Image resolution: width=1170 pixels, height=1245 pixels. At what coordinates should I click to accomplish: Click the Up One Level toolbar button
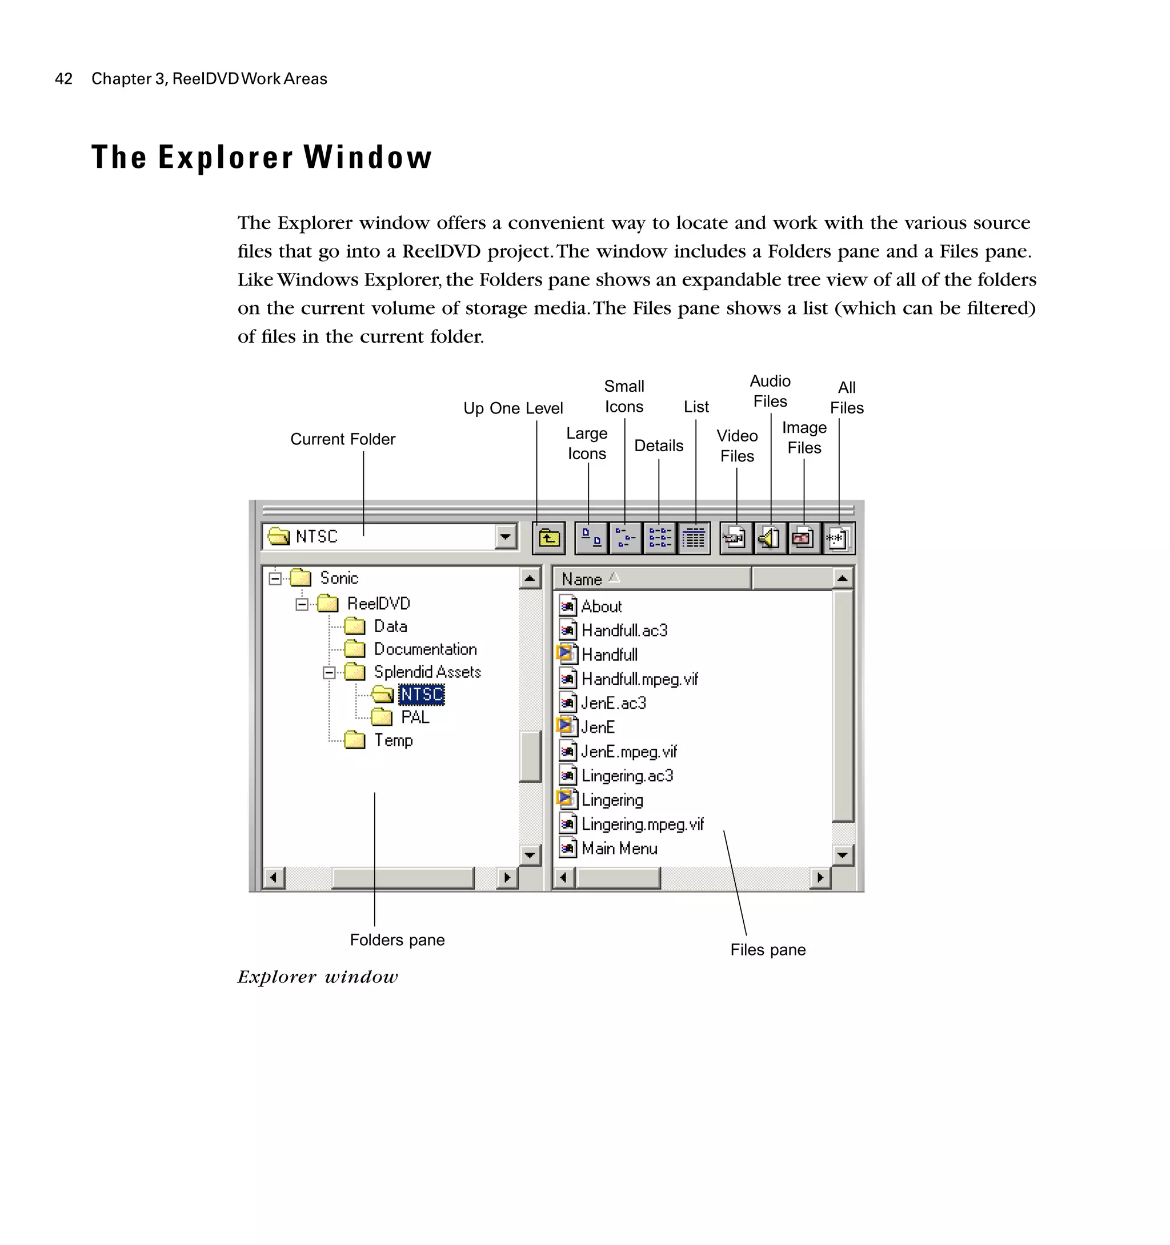point(548,538)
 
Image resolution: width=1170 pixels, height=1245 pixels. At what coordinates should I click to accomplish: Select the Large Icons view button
point(591,538)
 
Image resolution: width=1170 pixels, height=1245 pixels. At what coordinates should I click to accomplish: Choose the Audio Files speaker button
point(770,538)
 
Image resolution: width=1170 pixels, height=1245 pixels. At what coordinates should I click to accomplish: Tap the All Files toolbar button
point(838,538)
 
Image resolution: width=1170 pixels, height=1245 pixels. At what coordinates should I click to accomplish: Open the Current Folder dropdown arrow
point(505,537)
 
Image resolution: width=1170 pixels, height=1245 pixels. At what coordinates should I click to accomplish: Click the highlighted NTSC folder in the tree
point(422,694)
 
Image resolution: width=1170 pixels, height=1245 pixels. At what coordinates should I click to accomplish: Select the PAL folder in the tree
point(415,717)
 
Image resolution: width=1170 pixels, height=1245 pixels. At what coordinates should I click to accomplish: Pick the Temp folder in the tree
point(394,740)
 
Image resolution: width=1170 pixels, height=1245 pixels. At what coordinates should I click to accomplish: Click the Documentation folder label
point(425,649)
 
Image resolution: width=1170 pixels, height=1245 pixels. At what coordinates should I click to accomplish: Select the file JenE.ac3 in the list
point(613,703)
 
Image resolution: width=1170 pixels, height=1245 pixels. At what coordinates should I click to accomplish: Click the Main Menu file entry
point(619,849)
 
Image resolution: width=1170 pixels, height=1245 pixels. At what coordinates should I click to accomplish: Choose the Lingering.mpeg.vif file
point(642,824)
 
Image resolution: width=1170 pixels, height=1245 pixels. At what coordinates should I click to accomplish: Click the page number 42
point(64,79)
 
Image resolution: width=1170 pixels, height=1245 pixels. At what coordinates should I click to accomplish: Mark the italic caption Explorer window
point(318,977)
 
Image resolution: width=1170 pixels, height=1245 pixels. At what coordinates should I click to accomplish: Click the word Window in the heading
point(368,157)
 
